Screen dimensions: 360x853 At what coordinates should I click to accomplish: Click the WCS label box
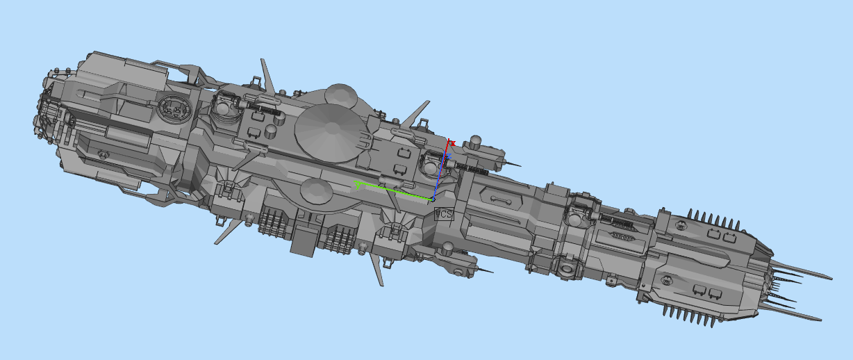click(x=443, y=214)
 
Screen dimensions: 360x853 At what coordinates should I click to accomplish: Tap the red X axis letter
click(x=452, y=143)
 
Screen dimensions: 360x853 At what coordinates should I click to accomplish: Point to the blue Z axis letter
click(x=449, y=157)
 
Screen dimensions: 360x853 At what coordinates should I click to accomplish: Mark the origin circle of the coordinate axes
click(x=433, y=199)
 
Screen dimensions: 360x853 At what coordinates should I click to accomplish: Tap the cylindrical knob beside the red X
click(x=476, y=143)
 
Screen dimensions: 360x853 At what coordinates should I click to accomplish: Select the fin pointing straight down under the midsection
click(x=379, y=271)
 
